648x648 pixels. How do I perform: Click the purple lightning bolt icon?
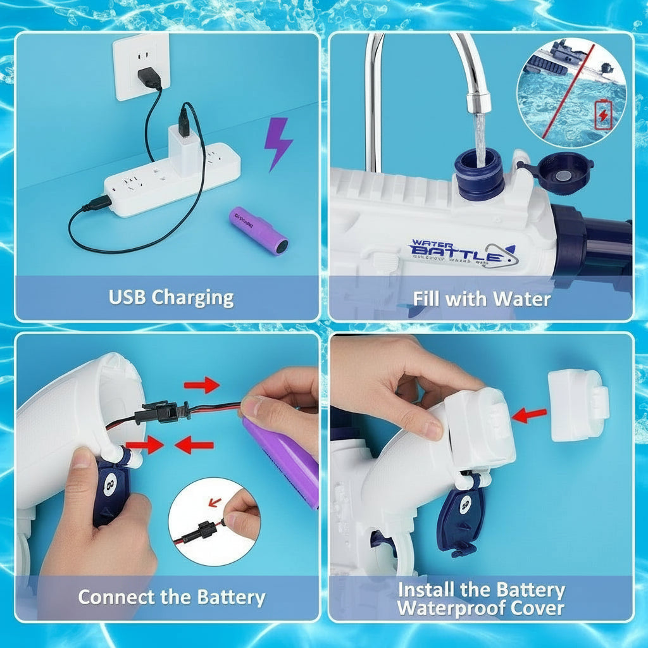(278, 144)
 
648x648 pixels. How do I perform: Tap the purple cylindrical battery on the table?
(258, 230)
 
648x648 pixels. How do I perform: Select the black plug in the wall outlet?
(150, 77)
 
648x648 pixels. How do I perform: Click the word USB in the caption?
(131, 297)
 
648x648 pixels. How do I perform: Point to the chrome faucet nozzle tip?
(479, 101)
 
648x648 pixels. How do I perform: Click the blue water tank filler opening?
(479, 173)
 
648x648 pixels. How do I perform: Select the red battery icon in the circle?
(603, 115)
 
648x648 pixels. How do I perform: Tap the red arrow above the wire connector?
(201, 384)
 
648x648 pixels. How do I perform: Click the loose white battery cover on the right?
(578, 405)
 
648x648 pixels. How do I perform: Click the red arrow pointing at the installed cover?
(530, 415)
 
